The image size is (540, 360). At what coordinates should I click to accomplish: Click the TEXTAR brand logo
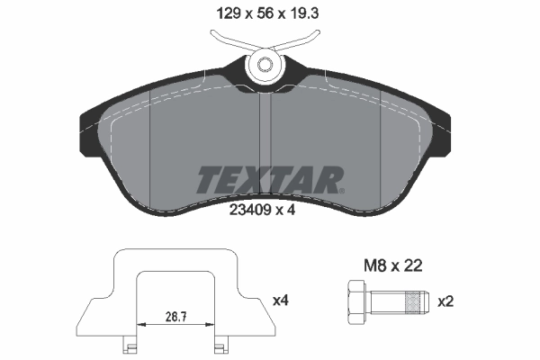[269, 178]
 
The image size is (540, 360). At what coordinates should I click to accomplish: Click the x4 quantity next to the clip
[280, 300]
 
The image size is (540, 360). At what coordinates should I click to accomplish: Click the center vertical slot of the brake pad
[265, 126]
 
